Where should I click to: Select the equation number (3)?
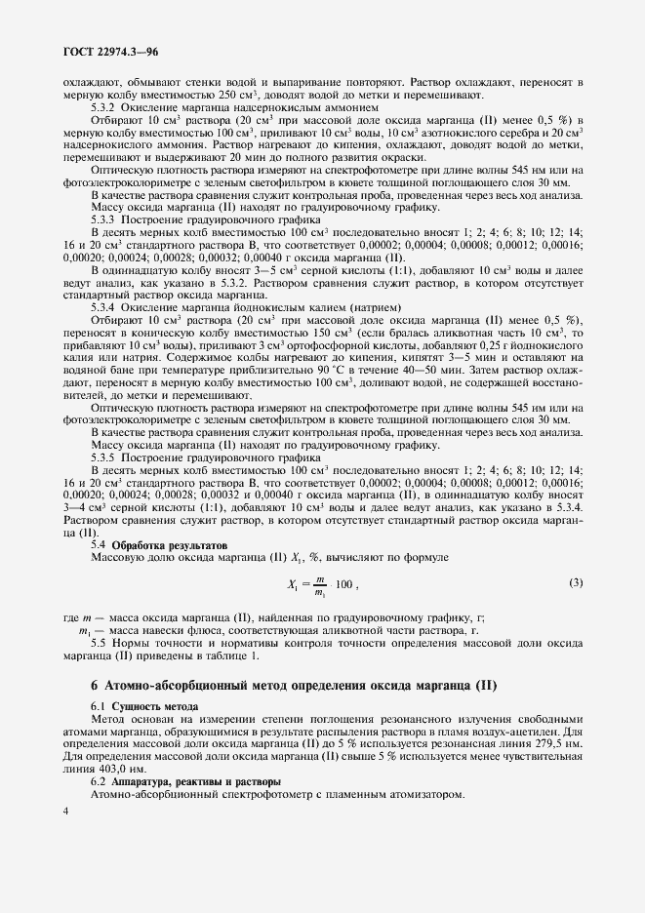(x=576, y=583)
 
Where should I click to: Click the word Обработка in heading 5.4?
(x=140, y=545)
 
